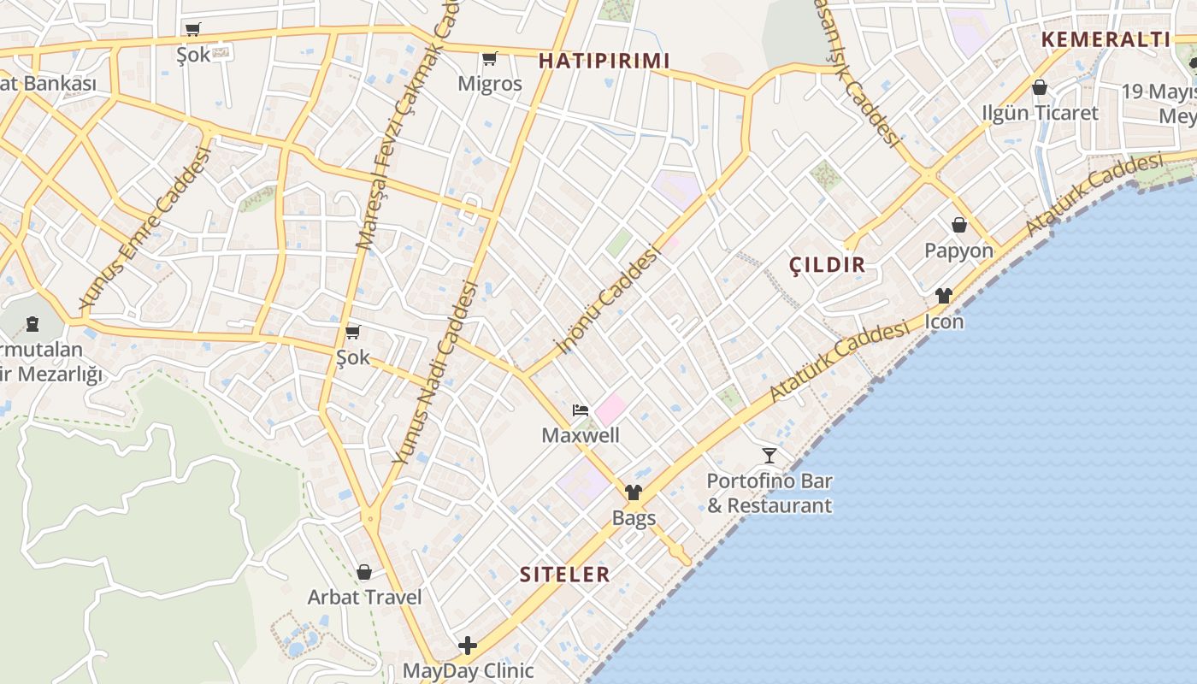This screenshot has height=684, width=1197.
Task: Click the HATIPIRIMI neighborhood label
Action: (x=604, y=61)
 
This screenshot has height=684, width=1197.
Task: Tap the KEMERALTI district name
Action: (x=1105, y=38)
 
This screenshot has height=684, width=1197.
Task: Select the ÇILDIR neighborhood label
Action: (x=827, y=265)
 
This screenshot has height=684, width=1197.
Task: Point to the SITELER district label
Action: (x=565, y=574)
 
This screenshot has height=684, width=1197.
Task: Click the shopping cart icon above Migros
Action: (x=489, y=59)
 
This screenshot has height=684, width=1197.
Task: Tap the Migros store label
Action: (x=489, y=84)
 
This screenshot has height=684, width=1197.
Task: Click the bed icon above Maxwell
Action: (x=581, y=410)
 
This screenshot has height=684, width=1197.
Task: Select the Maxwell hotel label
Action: (x=581, y=435)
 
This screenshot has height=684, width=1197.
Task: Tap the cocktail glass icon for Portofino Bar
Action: (x=769, y=455)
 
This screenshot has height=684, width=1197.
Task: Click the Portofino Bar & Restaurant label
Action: (x=769, y=493)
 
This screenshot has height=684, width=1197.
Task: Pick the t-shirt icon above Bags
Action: (x=634, y=492)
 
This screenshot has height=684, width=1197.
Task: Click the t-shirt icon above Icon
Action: (x=944, y=296)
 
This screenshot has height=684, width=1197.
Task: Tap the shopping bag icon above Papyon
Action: (x=959, y=225)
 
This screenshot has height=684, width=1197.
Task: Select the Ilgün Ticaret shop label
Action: (x=1040, y=113)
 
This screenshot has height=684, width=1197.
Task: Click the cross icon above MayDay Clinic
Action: (x=468, y=645)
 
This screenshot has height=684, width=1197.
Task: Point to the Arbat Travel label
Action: (x=365, y=597)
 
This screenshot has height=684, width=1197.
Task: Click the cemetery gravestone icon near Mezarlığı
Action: (x=32, y=324)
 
